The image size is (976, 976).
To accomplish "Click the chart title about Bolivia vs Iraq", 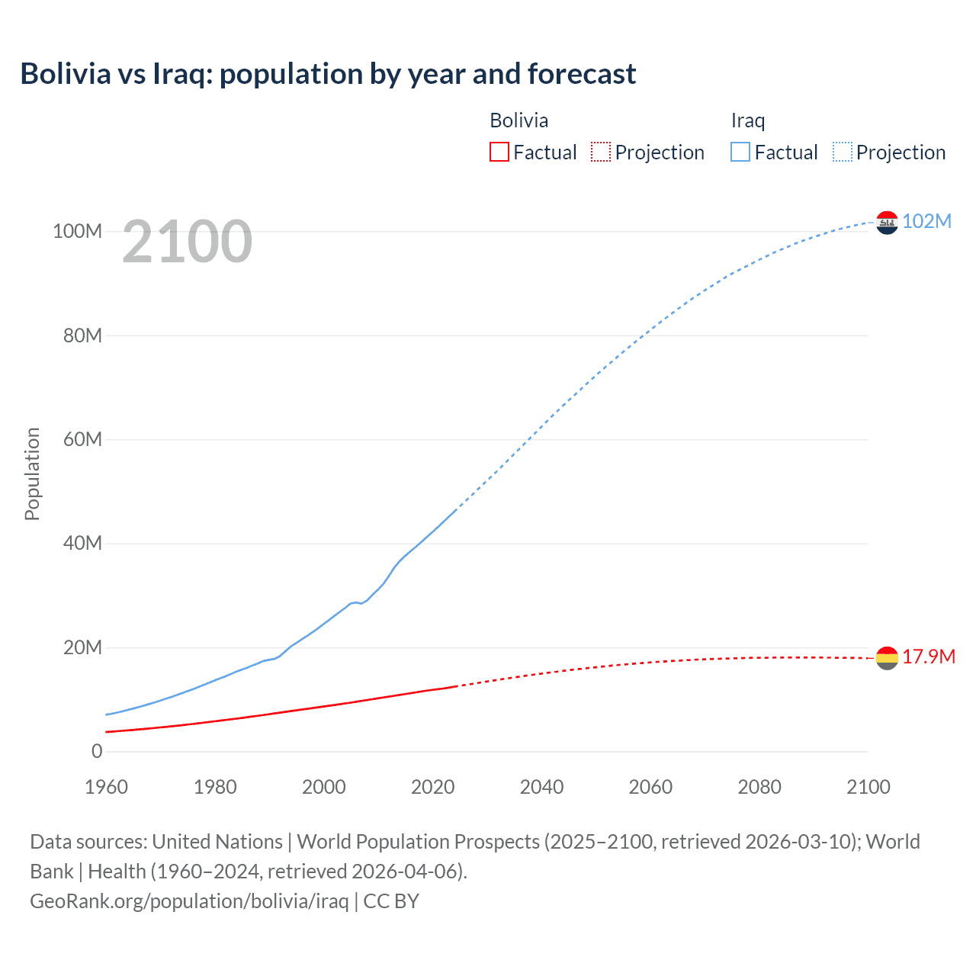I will pyautogui.click(x=328, y=74).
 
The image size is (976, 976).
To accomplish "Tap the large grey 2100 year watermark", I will pyautogui.click(x=187, y=242).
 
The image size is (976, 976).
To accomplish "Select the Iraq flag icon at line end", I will pyautogui.click(x=887, y=222).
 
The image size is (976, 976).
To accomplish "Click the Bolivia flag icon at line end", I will pyautogui.click(x=887, y=657).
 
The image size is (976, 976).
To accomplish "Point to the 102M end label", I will pyautogui.click(x=926, y=221).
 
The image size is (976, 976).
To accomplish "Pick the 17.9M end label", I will pyautogui.click(x=928, y=657).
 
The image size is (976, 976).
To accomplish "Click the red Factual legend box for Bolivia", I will pyautogui.click(x=499, y=152).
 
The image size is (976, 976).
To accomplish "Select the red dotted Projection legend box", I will pyautogui.click(x=601, y=152).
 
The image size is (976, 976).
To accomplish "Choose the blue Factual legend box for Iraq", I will pyautogui.click(x=740, y=152).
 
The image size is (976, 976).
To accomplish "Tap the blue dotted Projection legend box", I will pyautogui.click(x=843, y=152).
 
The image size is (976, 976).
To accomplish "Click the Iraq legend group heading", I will pyautogui.click(x=747, y=120).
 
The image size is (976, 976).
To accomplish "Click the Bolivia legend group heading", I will pyautogui.click(x=518, y=120).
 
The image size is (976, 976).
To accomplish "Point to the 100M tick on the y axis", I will pyautogui.click(x=77, y=231).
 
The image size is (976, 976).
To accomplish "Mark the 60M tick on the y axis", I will pyautogui.click(x=82, y=439).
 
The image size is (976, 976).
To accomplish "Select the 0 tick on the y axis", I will pyautogui.click(x=97, y=751).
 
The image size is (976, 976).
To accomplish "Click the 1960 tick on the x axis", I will pyautogui.click(x=106, y=787).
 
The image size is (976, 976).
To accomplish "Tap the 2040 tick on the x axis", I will pyautogui.click(x=541, y=787).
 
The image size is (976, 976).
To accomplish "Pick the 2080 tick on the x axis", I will pyautogui.click(x=759, y=787).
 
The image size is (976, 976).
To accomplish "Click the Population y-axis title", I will pyautogui.click(x=32, y=474).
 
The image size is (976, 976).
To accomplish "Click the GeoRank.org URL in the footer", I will pyautogui.click(x=189, y=901).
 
